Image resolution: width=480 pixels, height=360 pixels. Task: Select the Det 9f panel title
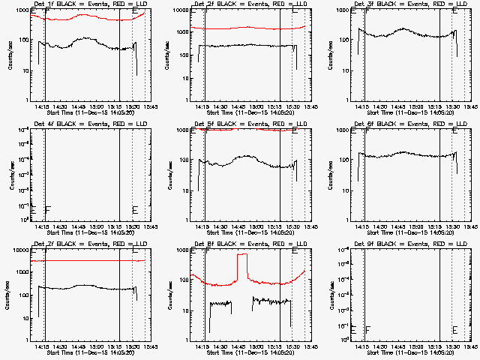pyautogui.click(x=406, y=244)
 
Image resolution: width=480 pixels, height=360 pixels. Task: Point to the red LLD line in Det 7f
pyautogui.click(x=90, y=261)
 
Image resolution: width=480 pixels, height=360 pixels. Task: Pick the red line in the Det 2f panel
pyautogui.click(x=247, y=28)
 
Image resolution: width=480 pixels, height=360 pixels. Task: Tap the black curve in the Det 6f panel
pyautogui.click(x=405, y=154)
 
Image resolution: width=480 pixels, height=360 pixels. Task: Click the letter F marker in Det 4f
pyautogui.click(x=47, y=208)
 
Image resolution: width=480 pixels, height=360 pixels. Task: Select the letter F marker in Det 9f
pyautogui.click(x=367, y=329)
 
